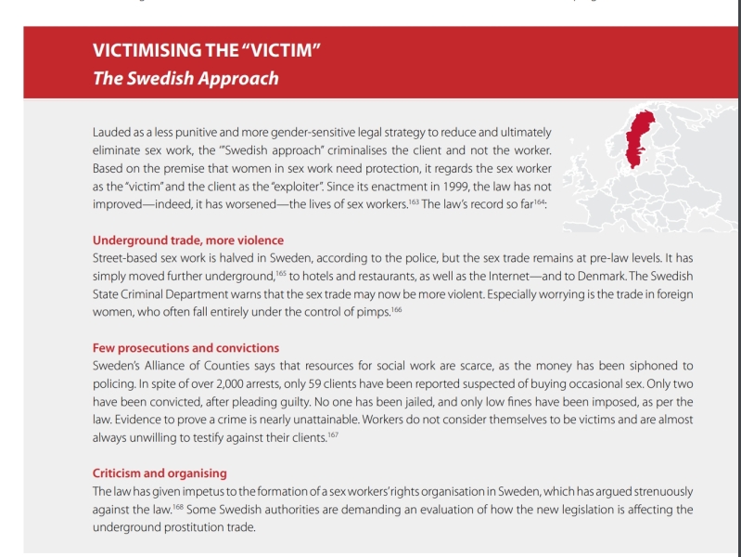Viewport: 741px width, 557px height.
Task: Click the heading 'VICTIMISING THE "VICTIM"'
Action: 207,50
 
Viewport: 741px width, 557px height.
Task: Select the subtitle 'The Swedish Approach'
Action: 185,78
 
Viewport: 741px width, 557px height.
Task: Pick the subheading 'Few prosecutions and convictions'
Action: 185,348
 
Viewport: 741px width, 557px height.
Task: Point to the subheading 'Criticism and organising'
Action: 160,473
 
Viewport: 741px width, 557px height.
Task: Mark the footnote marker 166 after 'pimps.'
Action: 395,310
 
